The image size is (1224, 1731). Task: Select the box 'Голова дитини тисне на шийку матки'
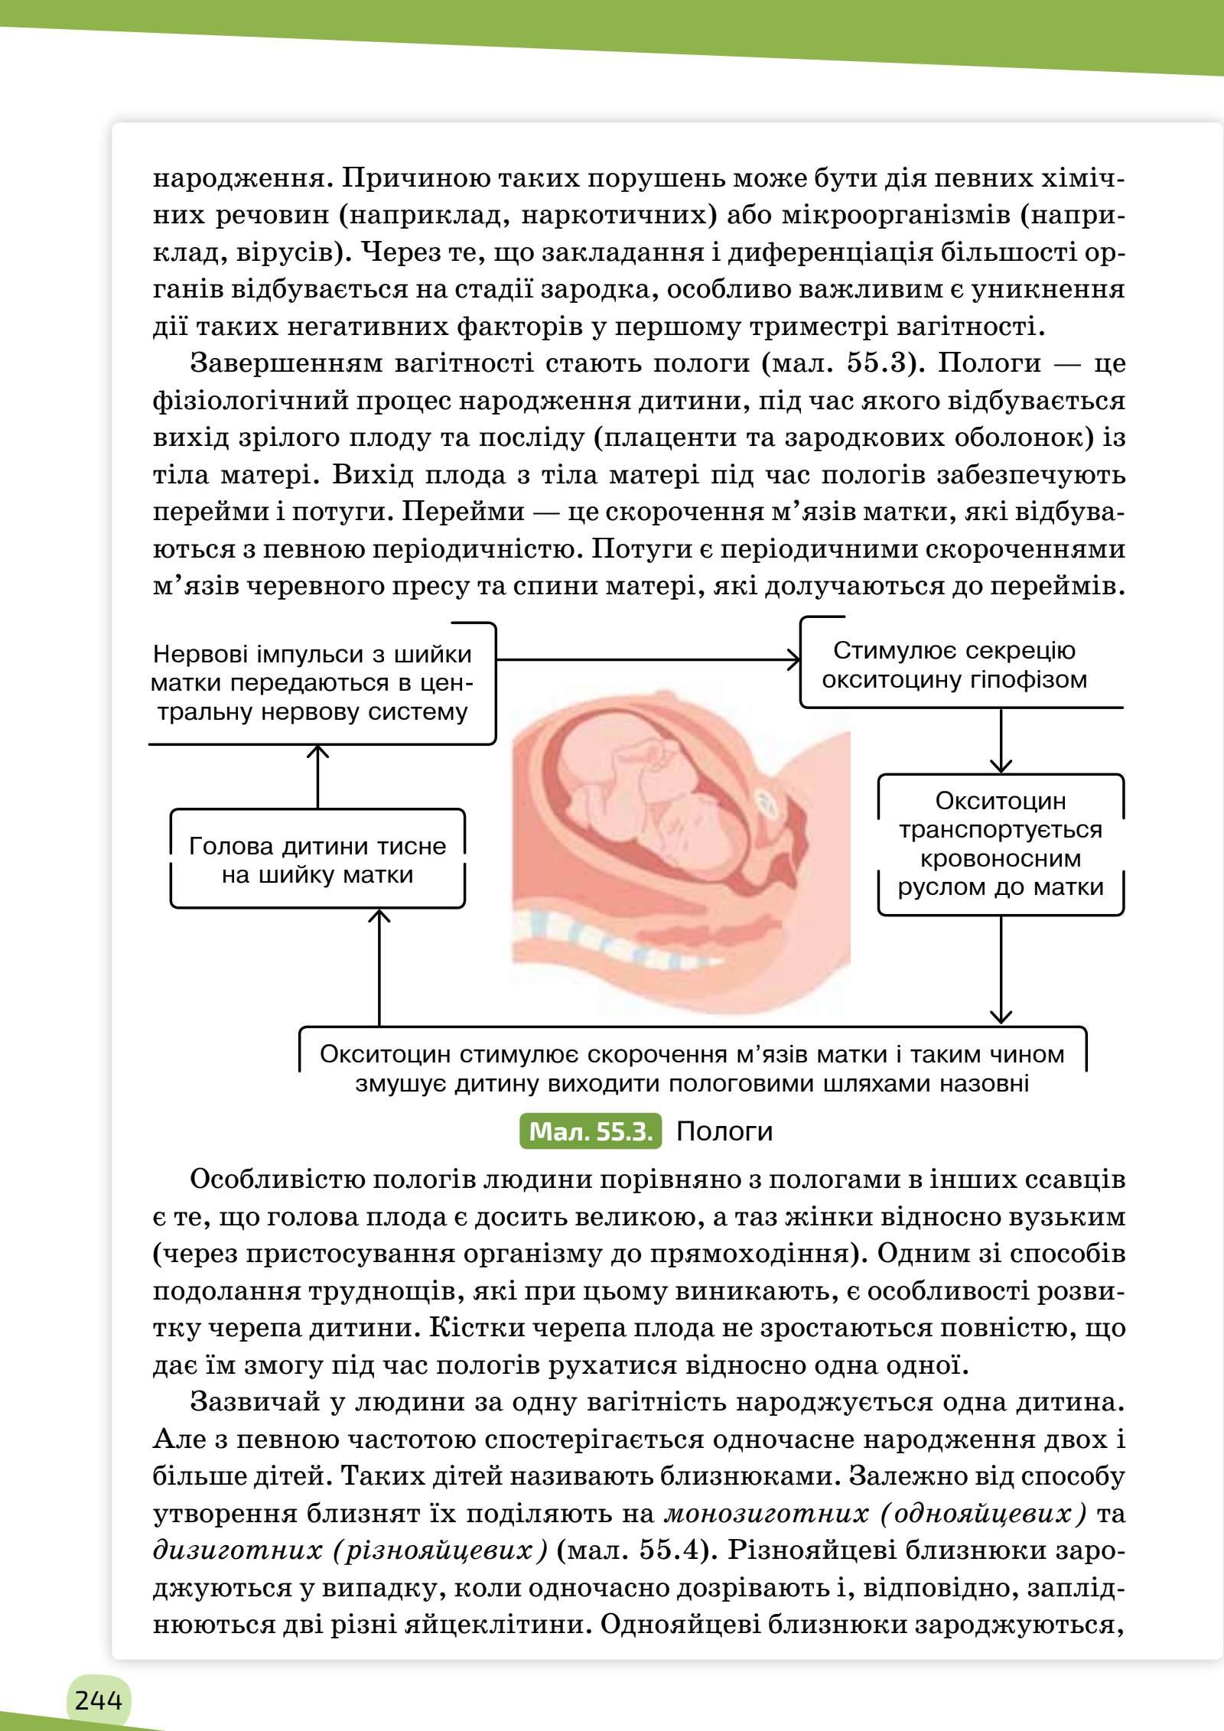[317, 860]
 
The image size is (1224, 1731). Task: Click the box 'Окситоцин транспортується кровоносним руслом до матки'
[1000, 844]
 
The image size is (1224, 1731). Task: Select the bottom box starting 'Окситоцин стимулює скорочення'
[692, 1069]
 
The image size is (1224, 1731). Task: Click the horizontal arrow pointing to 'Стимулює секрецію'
[646, 659]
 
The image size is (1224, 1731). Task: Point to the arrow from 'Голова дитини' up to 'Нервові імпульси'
[317, 777]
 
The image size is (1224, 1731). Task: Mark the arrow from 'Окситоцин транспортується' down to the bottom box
[1000, 968]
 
